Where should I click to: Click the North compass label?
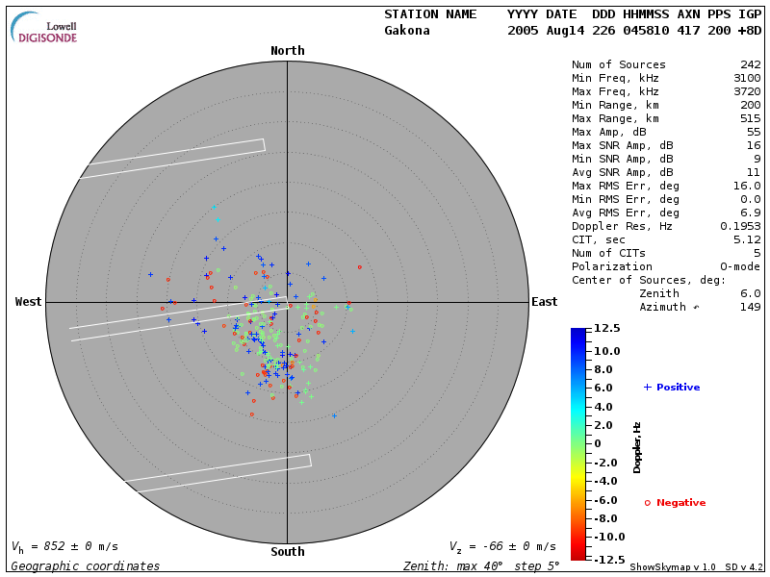tap(287, 51)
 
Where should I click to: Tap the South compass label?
tap(287, 552)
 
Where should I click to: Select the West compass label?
tap(28, 302)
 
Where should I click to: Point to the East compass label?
tap(544, 302)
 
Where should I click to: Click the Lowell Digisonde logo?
tap(45, 28)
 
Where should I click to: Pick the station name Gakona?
tap(407, 30)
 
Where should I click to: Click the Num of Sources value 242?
tap(751, 64)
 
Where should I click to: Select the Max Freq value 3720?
tap(747, 91)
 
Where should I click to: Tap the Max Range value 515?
tap(751, 118)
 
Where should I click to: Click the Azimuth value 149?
tap(751, 307)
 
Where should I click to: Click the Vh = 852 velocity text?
tap(64, 546)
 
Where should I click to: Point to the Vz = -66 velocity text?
tap(502, 546)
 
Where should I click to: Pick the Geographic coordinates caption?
tap(86, 566)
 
